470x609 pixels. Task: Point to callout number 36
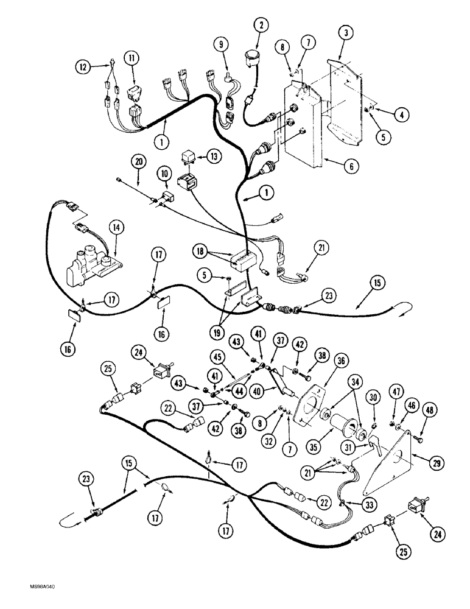[x=340, y=361]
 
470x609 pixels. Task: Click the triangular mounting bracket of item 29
[x=390, y=469]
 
